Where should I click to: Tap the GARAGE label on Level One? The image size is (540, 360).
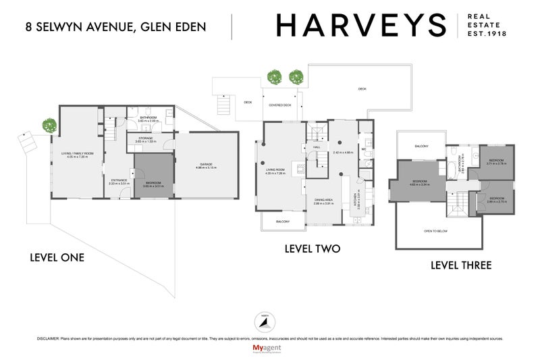pos(206,164)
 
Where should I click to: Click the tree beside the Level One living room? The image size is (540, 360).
pos(49,125)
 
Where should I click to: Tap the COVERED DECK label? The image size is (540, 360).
pos(279,105)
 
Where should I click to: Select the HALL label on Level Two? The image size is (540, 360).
pos(316,146)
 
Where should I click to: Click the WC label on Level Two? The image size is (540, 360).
pos(363,149)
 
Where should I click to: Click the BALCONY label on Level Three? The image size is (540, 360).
pos(421,145)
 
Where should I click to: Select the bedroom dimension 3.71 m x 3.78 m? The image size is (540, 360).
pos(497,163)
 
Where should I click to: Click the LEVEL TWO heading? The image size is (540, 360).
pos(312,249)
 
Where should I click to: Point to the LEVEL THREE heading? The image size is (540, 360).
pos(461,265)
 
